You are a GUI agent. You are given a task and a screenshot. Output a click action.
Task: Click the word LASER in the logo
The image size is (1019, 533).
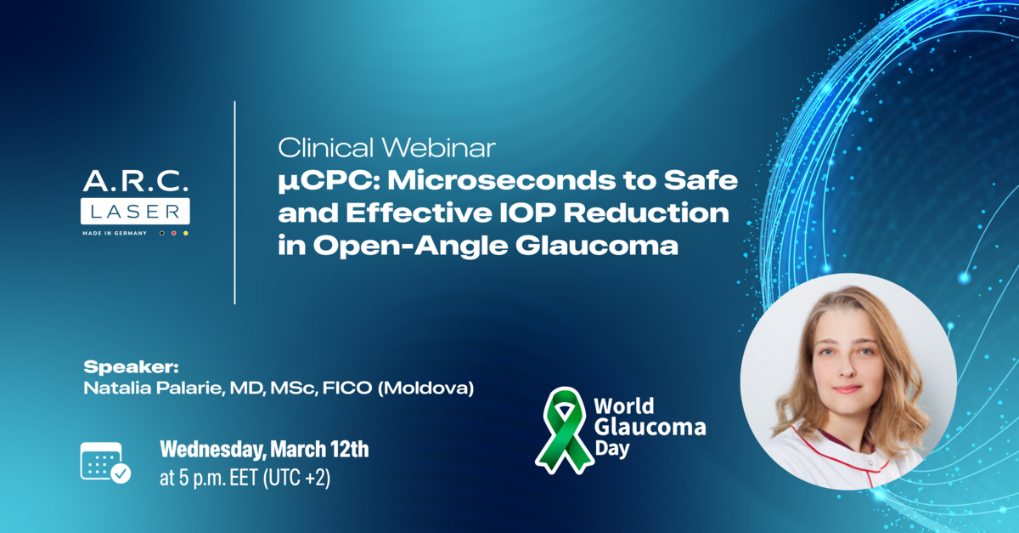135,212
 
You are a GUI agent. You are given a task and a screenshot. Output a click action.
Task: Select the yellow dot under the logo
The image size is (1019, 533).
186,233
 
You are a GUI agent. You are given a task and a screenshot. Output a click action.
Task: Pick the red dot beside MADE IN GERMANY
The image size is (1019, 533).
174,233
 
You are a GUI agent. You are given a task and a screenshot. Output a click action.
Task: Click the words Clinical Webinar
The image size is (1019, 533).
386,148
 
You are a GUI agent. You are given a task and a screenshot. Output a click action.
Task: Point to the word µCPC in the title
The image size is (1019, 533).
329,180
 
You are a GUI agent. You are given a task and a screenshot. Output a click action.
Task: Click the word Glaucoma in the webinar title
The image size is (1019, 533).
597,246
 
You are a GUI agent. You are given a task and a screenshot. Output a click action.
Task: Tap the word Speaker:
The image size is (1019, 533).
131,367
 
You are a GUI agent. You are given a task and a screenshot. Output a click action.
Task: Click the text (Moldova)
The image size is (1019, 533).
425,388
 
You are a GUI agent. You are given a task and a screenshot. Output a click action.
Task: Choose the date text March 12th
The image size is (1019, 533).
320,449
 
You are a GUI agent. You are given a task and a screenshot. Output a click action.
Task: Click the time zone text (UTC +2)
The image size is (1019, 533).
296,478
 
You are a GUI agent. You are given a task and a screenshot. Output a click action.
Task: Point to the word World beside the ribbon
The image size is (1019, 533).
624,406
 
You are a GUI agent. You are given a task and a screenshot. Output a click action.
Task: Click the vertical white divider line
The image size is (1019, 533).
234,202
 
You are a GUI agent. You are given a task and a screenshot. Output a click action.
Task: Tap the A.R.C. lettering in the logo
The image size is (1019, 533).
136,181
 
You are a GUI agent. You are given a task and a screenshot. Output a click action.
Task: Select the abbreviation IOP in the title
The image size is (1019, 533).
527,213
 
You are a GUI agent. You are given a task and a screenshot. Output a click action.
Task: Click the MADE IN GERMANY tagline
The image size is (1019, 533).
115,233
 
